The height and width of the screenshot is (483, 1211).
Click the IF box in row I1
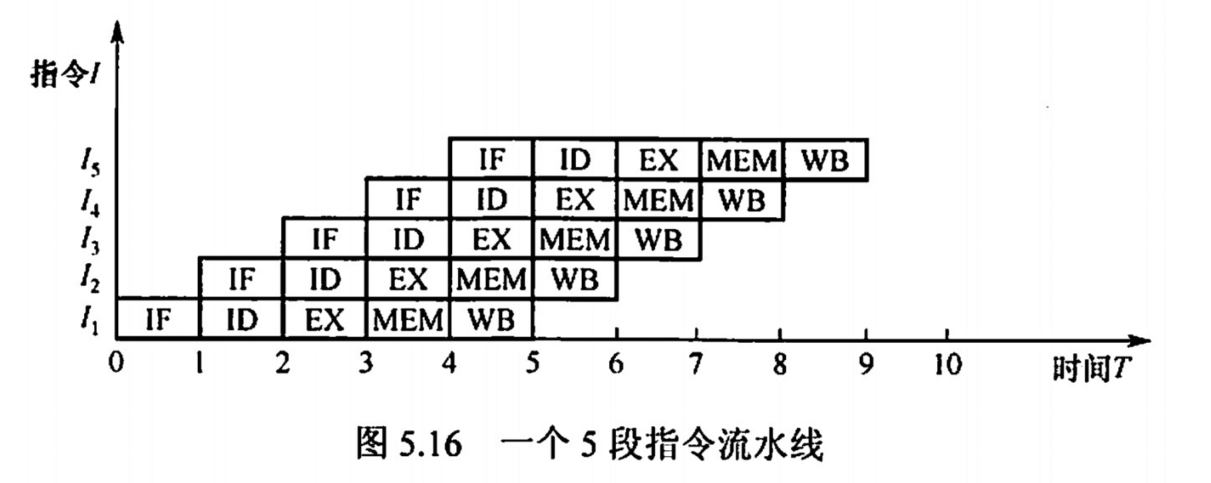click(x=158, y=319)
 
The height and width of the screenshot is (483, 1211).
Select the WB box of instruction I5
click(x=826, y=160)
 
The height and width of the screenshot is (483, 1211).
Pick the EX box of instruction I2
click(x=407, y=279)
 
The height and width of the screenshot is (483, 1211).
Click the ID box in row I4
click(x=491, y=200)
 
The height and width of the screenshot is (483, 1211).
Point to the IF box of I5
click(x=491, y=160)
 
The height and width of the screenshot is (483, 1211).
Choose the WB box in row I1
click(x=491, y=319)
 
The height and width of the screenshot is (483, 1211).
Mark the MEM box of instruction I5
click(x=741, y=160)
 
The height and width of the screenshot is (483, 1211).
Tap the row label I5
click(x=90, y=162)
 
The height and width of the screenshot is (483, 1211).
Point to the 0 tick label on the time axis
click(x=116, y=363)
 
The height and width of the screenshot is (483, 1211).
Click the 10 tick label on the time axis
click(x=947, y=364)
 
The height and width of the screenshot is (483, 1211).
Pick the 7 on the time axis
click(x=696, y=364)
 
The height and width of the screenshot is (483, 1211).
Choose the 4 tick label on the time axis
click(x=449, y=363)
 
